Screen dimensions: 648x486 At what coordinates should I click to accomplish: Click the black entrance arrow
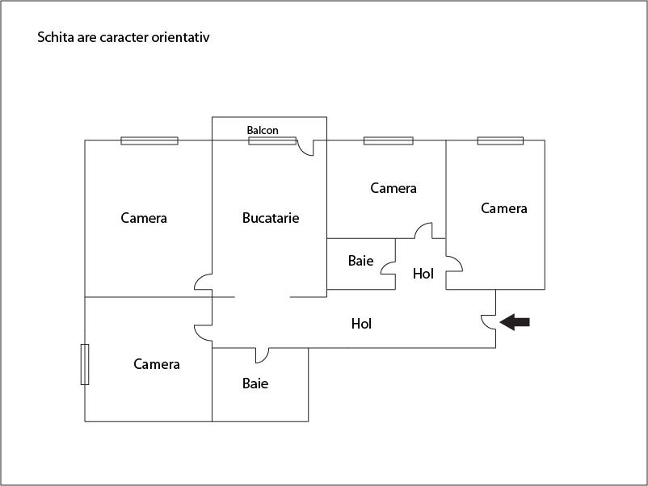point(515,322)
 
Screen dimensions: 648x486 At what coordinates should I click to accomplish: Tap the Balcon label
point(263,130)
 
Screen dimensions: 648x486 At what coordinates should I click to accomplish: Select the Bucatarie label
point(271,218)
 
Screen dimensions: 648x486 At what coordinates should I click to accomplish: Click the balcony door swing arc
point(305,148)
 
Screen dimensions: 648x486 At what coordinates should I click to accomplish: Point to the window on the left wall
point(85,364)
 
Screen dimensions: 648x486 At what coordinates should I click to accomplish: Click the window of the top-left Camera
point(149,140)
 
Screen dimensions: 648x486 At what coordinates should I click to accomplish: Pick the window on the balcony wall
point(272,140)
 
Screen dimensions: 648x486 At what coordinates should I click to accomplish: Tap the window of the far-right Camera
point(500,140)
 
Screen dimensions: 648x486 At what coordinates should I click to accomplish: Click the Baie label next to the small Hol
point(361,261)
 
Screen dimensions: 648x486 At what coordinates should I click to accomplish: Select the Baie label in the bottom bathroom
point(255,383)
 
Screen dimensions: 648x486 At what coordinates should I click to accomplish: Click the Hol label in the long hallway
point(361,323)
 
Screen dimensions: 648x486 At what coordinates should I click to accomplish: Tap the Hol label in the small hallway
point(423,274)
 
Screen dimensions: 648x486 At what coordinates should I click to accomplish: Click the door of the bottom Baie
point(262,355)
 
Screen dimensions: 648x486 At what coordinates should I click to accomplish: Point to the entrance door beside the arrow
point(489,322)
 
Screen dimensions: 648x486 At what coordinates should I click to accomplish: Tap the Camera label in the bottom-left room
point(157,364)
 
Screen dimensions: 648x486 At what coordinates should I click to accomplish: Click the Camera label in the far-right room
point(504,208)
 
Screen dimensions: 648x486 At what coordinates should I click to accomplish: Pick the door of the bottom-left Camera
point(203,333)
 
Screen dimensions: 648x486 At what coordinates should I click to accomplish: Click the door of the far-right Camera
point(454,263)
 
